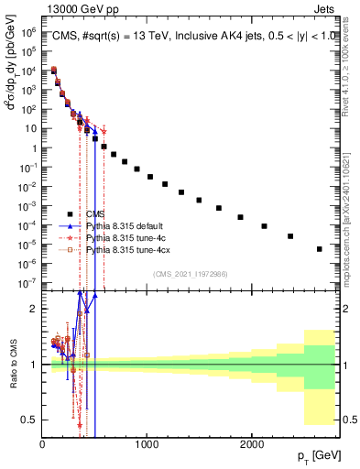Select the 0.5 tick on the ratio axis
29,420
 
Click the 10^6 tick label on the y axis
27,30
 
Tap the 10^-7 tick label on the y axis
27,283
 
